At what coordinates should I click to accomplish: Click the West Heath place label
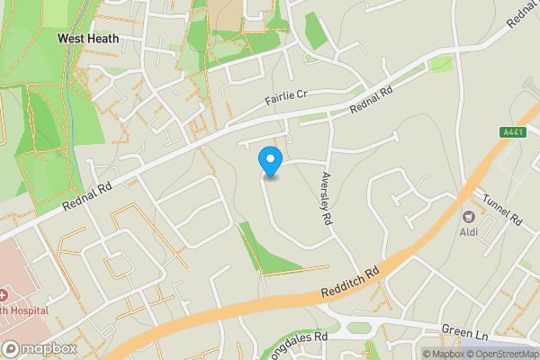pyautogui.click(x=87, y=39)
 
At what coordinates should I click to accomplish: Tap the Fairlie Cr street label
pyautogui.click(x=286, y=95)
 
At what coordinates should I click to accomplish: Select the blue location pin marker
pyautogui.click(x=270, y=163)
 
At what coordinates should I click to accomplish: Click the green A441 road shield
pyautogui.click(x=512, y=132)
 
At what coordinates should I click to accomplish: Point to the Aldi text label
pyautogui.click(x=468, y=233)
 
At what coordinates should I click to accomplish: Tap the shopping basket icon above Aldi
pyautogui.click(x=468, y=217)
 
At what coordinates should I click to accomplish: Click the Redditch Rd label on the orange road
pyautogui.click(x=352, y=283)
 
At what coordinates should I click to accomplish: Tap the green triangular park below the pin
pyautogui.click(x=270, y=254)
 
